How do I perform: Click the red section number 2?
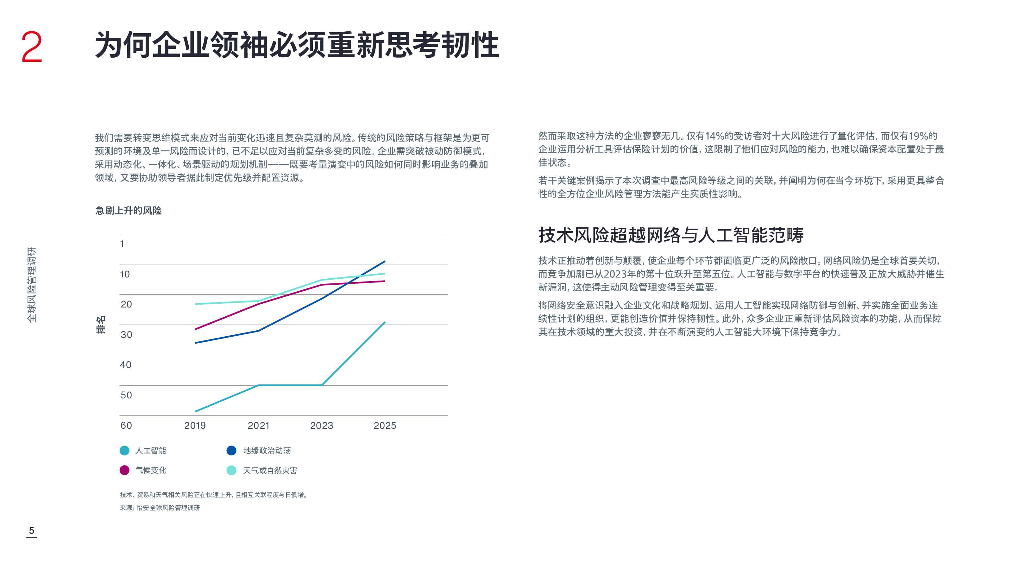pyautogui.click(x=31, y=47)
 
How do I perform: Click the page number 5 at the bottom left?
pyautogui.click(x=31, y=531)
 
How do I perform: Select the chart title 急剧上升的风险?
pyautogui.click(x=128, y=211)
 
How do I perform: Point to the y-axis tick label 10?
pyautogui.click(x=125, y=274)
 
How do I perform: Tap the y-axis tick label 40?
pyautogui.click(x=125, y=365)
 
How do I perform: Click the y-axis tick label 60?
pyautogui.click(x=126, y=426)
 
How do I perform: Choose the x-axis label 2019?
pyautogui.click(x=195, y=426)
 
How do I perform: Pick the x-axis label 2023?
pyautogui.click(x=321, y=426)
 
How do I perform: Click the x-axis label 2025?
pyautogui.click(x=385, y=426)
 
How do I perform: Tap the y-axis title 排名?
pyautogui.click(x=101, y=325)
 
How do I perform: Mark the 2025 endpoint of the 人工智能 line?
pyautogui.click(x=385, y=322)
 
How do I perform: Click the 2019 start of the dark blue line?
pyautogui.click(x=196, y=343)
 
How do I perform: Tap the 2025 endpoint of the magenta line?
pyautogui.click(x=385, y=281)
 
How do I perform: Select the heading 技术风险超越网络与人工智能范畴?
pyautogui.click(x=671, y=235)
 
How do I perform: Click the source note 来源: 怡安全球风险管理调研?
pyautogui.click(x=160, y=508)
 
